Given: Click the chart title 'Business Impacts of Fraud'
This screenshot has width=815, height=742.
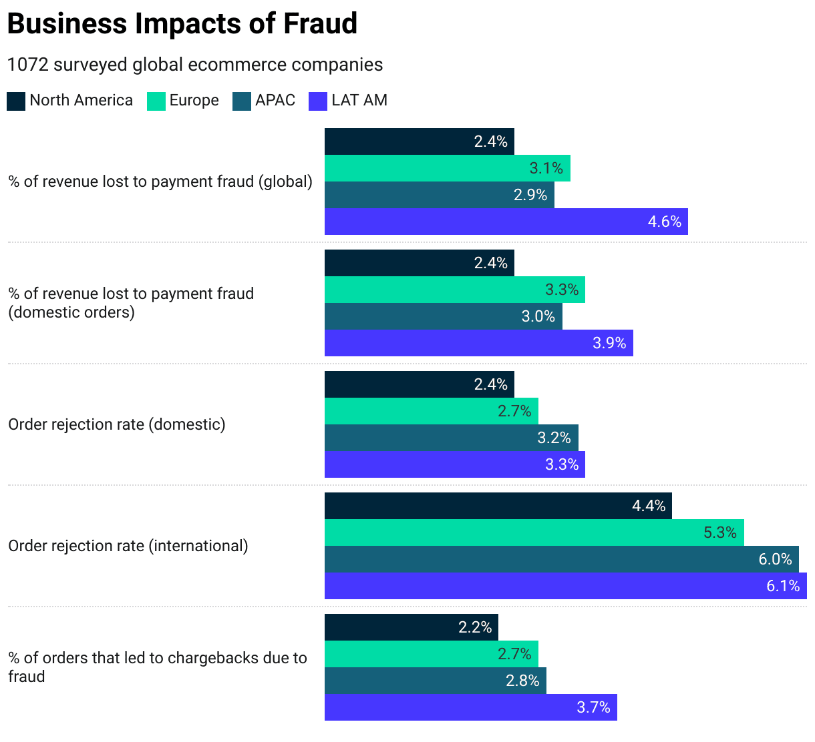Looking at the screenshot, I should [x=182, y=24].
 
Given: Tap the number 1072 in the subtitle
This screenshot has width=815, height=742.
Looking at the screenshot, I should [x=27, y=65].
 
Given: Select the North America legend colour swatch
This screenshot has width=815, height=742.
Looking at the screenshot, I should [x=16, y=101].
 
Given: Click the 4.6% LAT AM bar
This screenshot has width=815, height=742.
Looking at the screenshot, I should [x=506, y=222].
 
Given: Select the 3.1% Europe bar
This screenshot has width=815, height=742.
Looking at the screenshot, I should [x=447, y=168].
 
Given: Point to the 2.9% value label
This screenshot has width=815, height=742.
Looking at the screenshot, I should [x=530, y=195].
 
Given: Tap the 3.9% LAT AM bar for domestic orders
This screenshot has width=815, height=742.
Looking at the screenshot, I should [x=478, y=343].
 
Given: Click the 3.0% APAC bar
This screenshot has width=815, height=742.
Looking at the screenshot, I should [x=443, y=316].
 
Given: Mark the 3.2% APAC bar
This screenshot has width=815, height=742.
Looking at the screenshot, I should [x=451, y=438].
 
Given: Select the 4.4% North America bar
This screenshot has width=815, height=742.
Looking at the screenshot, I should [x=498, y=506].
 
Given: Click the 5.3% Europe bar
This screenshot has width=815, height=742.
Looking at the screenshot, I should [x=534, y=532].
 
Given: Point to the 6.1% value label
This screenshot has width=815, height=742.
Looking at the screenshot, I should [x=783, y=586].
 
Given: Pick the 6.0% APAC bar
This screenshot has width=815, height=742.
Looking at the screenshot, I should [x=562, y=559].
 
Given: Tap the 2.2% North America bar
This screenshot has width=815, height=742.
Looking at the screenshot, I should [x=411, y=627].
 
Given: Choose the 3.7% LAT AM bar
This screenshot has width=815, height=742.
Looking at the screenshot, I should [x=470, y=707].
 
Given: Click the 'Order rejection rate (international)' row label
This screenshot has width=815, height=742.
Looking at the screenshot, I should [x=128, y=546].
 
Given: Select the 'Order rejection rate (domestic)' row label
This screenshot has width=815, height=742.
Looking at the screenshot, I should [x=117, y=424].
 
